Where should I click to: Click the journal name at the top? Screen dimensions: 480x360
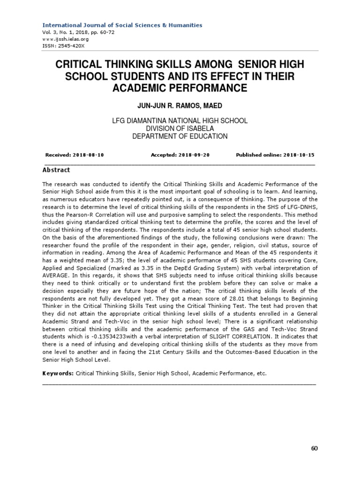(x=122, y=25)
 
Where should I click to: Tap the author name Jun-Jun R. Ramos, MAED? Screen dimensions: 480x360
(x=180, y=106)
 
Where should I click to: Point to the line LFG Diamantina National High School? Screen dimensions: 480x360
(x=180, y=121)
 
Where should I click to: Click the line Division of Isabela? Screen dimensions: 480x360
(x=180, y=129)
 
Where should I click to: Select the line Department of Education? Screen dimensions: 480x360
(x=180, y=136)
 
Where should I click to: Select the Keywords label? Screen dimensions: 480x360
(x=58, y=373)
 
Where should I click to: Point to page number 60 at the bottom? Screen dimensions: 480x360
(x=314, y=448)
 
